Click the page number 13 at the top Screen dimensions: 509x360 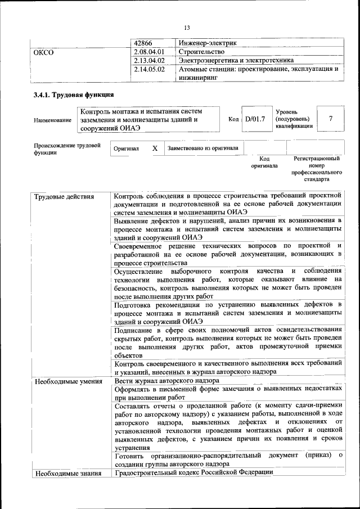[187, 28]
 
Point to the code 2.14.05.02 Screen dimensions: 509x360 [149, 70]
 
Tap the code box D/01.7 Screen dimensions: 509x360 [255, 119]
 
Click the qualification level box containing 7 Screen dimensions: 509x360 [331, 119]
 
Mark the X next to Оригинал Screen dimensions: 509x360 [155, 148]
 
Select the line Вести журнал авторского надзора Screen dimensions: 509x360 [166, 381]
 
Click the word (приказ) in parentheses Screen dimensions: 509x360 [318, 454]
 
